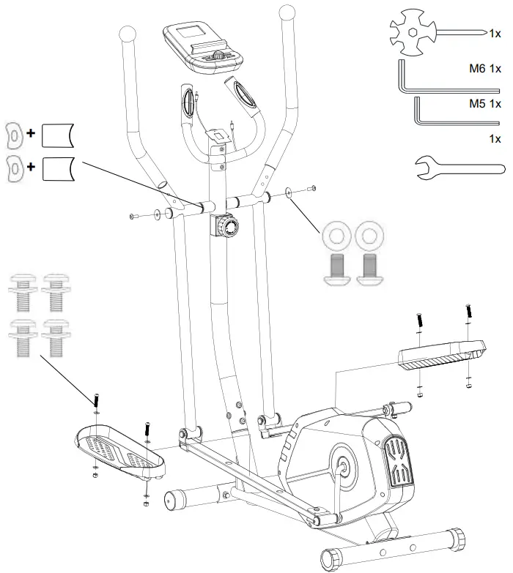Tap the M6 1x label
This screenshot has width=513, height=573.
coord(485,69)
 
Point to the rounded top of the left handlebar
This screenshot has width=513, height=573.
coord(127,34)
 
